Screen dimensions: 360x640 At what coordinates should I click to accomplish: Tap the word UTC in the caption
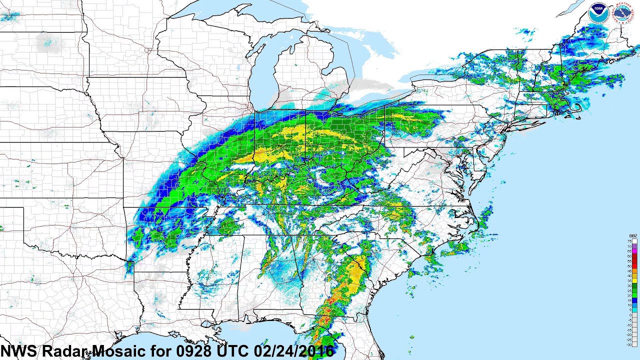tap(231, 351)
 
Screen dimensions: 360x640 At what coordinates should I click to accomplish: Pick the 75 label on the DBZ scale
tap(629, 241)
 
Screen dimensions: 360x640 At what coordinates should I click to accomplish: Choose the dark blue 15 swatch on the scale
tap(634, 300)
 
